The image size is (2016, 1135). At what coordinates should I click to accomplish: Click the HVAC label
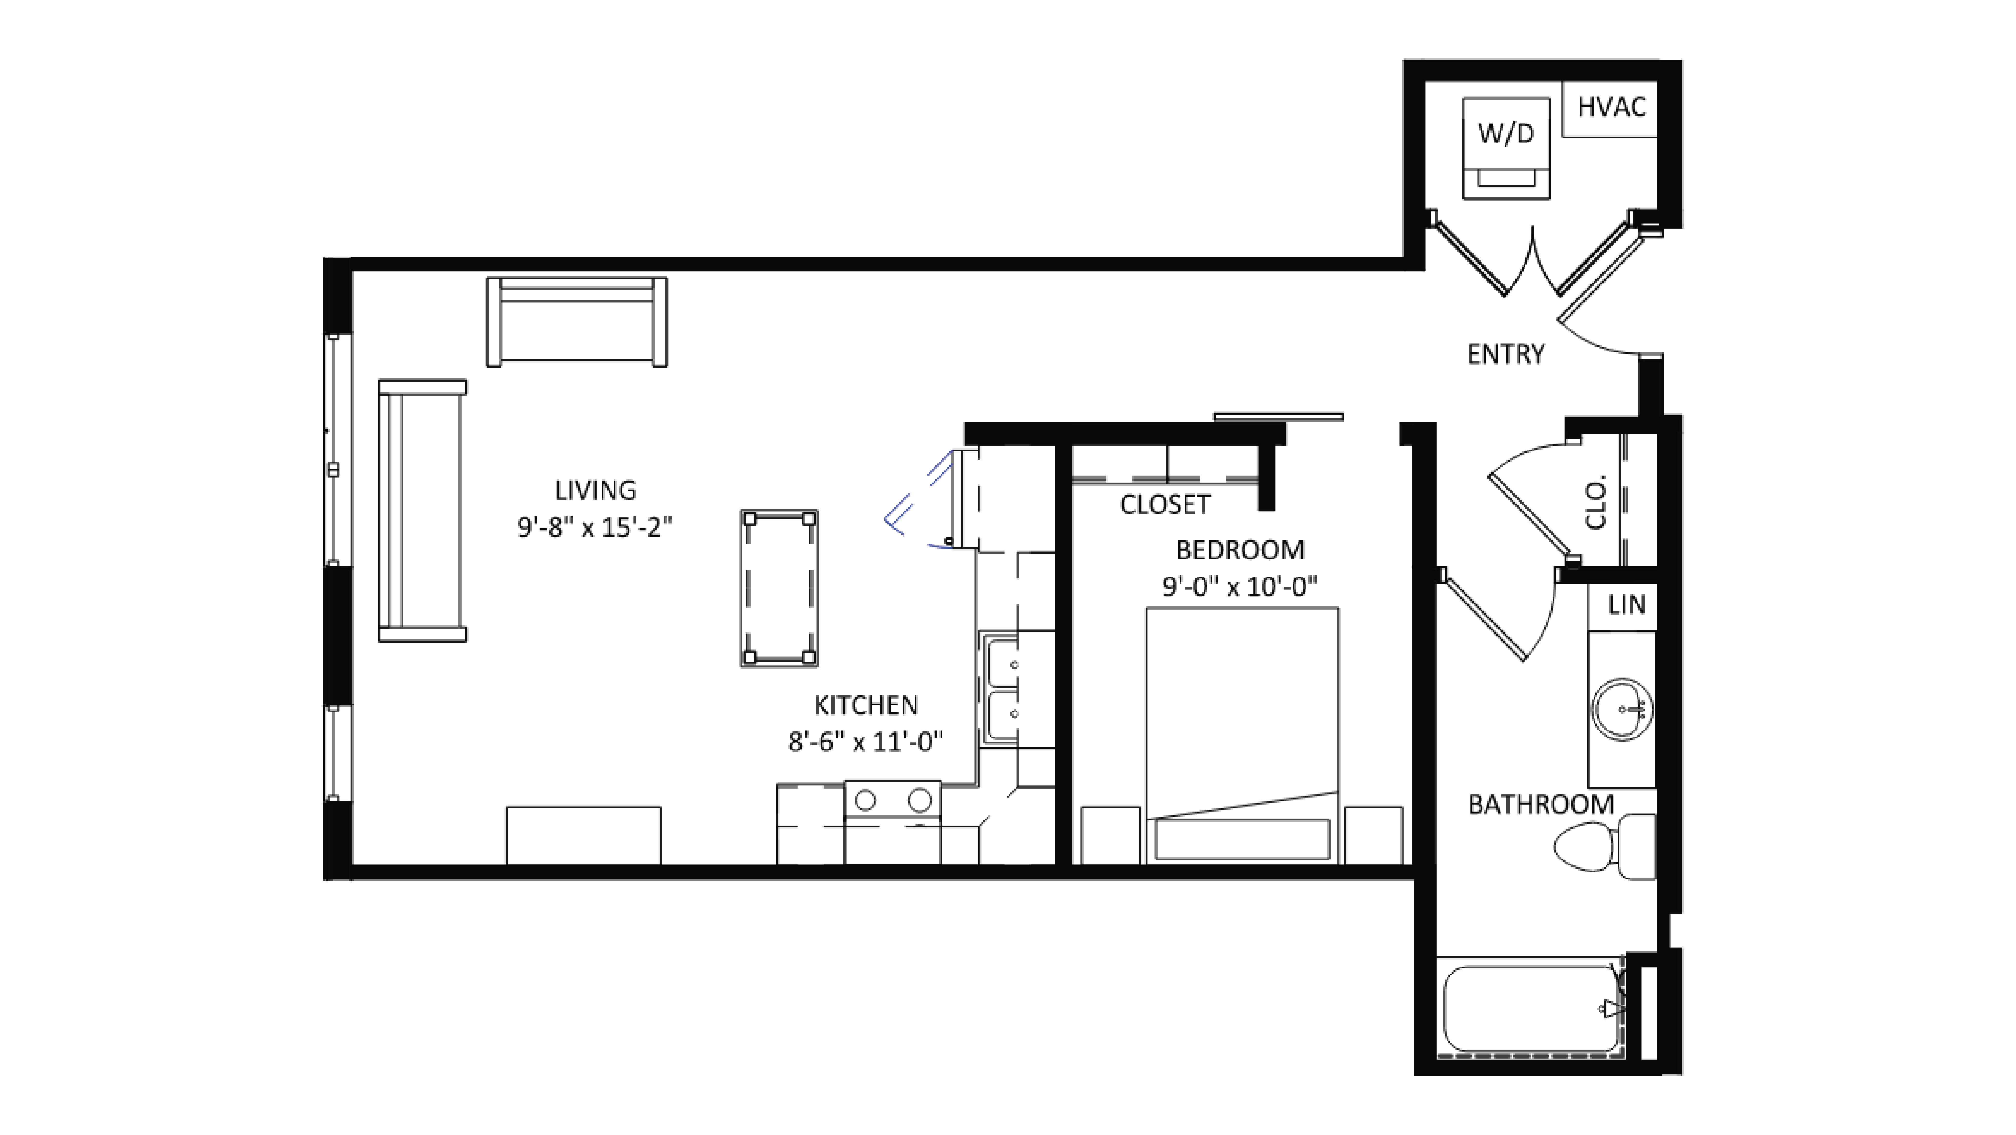point(1611,106)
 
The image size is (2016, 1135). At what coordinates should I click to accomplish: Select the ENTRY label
point(1505,355)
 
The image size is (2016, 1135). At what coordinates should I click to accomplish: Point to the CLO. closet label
point(1595,502)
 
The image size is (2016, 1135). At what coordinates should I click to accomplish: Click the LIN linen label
point(1626,605)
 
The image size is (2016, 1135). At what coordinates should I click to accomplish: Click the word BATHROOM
point(1540,805)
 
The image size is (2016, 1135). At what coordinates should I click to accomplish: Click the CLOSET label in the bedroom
point(1164,505)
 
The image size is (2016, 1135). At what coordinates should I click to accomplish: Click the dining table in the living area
point(779,588)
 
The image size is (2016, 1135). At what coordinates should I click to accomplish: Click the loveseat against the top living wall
point(577,321)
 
